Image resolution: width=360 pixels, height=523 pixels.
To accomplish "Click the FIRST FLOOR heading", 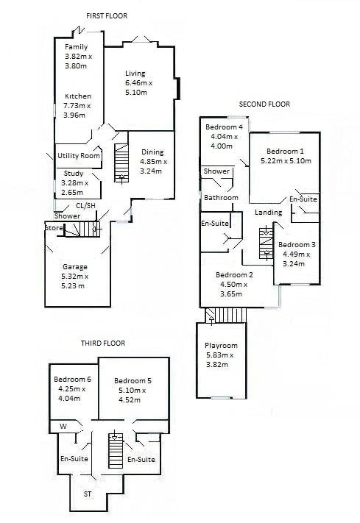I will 108,15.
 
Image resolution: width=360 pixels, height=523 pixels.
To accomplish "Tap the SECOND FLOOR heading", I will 264,104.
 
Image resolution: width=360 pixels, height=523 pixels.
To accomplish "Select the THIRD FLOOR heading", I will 102,343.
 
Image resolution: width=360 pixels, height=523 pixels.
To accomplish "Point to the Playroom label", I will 222,346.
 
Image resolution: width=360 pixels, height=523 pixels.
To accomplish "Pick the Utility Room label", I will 80,156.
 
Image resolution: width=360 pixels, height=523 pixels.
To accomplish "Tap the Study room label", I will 74,174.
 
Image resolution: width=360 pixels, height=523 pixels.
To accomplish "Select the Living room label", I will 135,74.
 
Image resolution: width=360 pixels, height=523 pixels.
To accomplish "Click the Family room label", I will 77,47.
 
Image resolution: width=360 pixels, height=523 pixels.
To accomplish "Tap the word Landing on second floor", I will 268,213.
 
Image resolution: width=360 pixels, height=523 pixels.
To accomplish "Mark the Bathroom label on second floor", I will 221,198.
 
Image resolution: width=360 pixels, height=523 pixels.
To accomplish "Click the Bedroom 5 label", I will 133,380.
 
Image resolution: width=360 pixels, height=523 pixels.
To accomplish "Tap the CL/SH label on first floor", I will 86,206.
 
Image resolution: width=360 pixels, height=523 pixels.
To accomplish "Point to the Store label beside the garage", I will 53,228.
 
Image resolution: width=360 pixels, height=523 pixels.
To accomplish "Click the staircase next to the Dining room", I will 120,163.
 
